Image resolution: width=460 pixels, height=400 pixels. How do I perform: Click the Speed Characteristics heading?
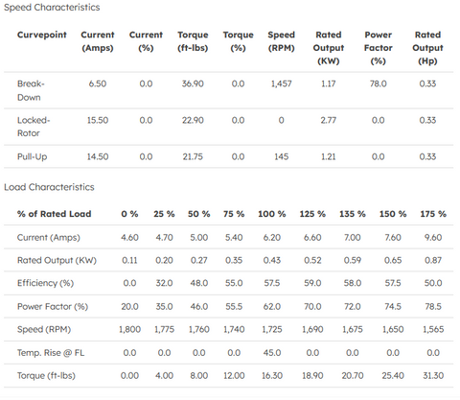tap(52, 8)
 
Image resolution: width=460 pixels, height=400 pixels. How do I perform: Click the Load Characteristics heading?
tap(49, 187)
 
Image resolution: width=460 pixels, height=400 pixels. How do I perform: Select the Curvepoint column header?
tap(42, 35)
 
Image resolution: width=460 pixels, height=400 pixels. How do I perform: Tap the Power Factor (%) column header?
tap(378, 48)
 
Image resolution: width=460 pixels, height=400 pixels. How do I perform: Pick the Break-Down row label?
tap(31, 90)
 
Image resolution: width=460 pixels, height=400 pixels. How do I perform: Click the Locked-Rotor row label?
tap(34, 127)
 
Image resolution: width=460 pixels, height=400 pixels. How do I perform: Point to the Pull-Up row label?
tap(32, 157)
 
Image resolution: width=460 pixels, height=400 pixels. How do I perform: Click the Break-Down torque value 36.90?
tap(193, 83)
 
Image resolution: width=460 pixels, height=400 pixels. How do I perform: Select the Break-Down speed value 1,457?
tap(281, 83)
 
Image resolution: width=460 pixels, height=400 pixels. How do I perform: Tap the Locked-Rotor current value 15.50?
tap(98, 120)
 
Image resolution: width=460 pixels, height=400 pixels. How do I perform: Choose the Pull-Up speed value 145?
tap(281, 156)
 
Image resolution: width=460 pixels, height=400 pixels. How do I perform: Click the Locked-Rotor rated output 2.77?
tap(329, 120)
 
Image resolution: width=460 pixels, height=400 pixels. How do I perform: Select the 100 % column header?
tap(272, 214)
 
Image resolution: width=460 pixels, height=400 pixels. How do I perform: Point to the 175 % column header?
tap(433, 214)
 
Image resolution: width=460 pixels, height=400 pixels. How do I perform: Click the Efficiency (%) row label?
tap(45, 283)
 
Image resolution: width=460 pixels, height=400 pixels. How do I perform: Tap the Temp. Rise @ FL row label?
tap(51, 353)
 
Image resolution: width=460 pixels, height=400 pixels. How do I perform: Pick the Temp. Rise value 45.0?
tap(272, 353)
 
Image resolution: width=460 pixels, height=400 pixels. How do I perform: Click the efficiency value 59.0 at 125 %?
tap(312, 283)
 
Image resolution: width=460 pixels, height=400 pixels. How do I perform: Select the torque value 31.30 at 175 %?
tap(433, 375)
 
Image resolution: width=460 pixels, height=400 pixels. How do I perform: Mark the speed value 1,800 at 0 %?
tap(129, 329)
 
